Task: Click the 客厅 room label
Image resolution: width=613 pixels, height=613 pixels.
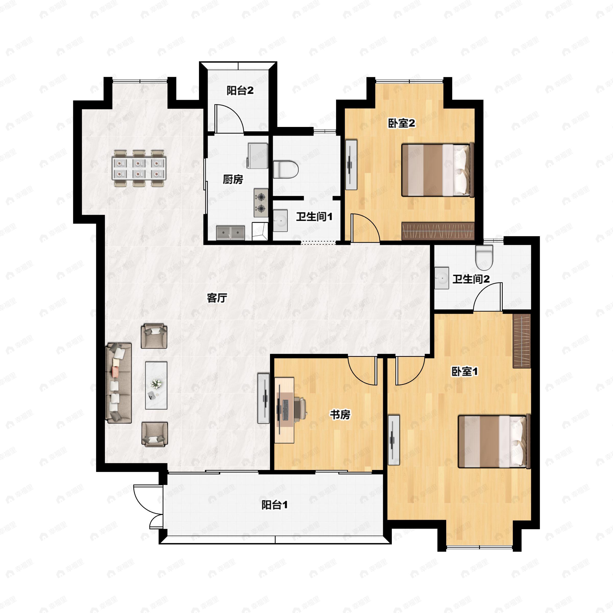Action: coord(217,298)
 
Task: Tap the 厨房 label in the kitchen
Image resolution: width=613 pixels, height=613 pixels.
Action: coord(233,180)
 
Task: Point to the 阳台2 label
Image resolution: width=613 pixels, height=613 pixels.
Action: coord(240,91)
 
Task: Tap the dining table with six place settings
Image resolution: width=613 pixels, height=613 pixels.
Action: coord(139,168)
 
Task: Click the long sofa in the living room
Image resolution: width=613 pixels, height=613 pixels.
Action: coord(119,383)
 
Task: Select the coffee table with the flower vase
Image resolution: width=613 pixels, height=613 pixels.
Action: coord(156,385)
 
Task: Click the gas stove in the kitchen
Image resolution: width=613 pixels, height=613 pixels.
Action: coord(261,203)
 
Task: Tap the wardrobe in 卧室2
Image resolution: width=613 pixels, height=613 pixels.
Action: coord(438,231)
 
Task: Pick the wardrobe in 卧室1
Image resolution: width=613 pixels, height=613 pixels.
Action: coord(522,341)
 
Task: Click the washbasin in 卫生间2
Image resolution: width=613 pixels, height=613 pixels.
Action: coord(442,278)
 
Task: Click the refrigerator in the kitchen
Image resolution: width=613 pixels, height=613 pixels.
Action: coord(258,156)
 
